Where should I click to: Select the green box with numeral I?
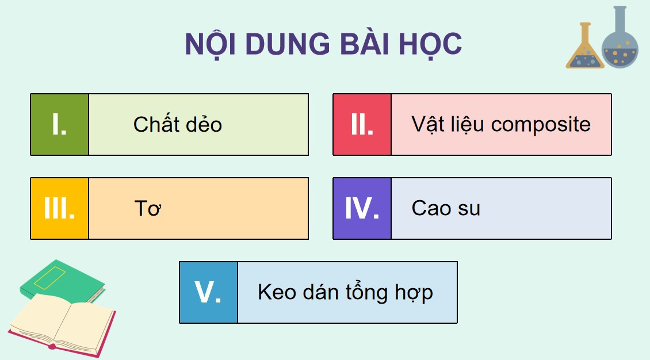click(59, 125)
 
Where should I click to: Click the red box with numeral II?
click(362, 125)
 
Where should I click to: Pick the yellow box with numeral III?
click(59, 208)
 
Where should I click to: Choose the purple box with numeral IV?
click(362, 208)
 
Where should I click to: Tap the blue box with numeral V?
click(208, 292)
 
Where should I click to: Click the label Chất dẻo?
click(177, 125)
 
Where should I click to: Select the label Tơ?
click(147, 208)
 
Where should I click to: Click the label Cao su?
click(446, 208)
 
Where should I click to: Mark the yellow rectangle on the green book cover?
click(50, 276)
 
